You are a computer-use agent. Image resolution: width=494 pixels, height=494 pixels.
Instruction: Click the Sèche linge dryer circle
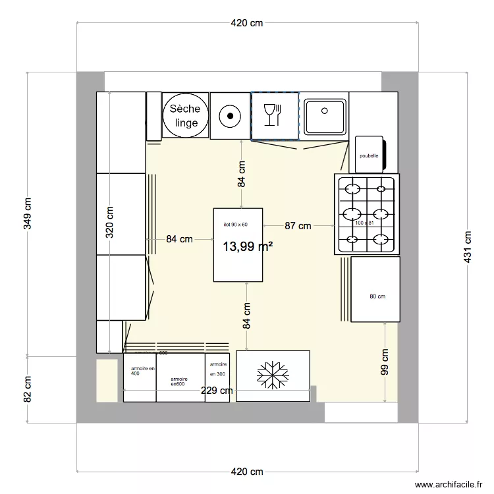[186, 116]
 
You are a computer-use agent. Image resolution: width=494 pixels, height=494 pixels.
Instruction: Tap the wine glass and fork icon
[272, 115]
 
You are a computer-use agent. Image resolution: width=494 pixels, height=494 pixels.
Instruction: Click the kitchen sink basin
[324, 115]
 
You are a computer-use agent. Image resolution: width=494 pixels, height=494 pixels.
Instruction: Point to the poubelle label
[369, 156]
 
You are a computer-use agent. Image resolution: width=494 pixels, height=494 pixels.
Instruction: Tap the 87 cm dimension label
[298, 226]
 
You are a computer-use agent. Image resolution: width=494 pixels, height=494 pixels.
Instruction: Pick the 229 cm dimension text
[217, 391]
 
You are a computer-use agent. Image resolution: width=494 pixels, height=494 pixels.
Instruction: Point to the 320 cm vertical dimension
[109, 222]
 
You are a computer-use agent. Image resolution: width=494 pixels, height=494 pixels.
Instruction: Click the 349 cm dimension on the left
[27, 213]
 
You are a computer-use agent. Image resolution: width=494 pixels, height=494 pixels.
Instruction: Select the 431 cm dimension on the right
[468, 246]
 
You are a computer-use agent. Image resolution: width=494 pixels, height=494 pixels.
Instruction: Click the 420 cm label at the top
[247, 23]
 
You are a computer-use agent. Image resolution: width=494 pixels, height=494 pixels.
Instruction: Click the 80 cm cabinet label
[377, 296]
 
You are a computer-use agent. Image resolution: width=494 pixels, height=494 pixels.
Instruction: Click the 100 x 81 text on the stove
[364, 223]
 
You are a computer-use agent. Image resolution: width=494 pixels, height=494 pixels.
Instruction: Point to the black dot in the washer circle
[230, 116]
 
